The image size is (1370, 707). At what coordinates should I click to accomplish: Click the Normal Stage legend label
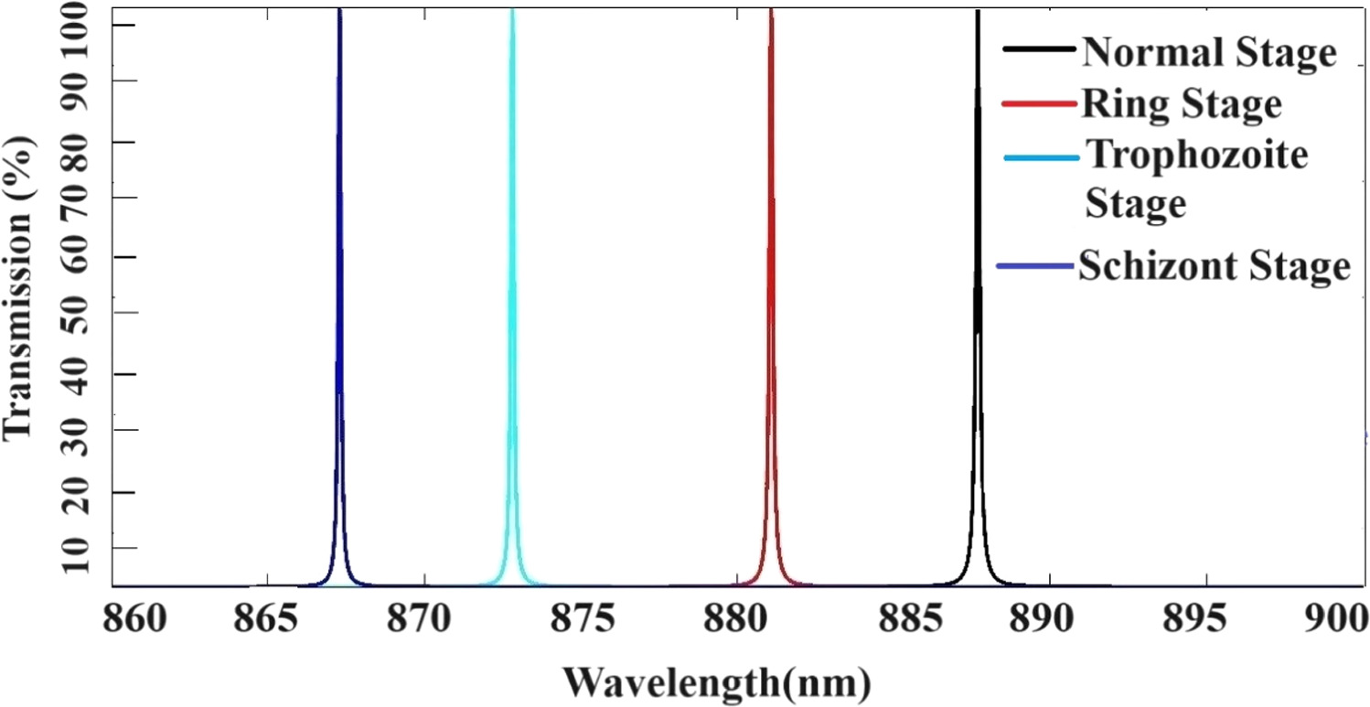tap(1208, 53)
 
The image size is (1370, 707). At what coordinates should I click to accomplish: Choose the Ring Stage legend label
tap(1181, 104)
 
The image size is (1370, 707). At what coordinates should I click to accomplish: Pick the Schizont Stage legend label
tap(1214, 267)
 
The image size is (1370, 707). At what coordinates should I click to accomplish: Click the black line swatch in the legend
tap(1039, 50)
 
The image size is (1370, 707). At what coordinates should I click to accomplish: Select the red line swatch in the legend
tap(1039, 103)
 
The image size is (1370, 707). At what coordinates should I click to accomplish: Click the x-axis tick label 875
tap(580, 624)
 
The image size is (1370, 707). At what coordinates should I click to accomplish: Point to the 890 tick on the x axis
tap(1050, 624)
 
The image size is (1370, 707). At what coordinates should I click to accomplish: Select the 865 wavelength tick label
tap(266, 624)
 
